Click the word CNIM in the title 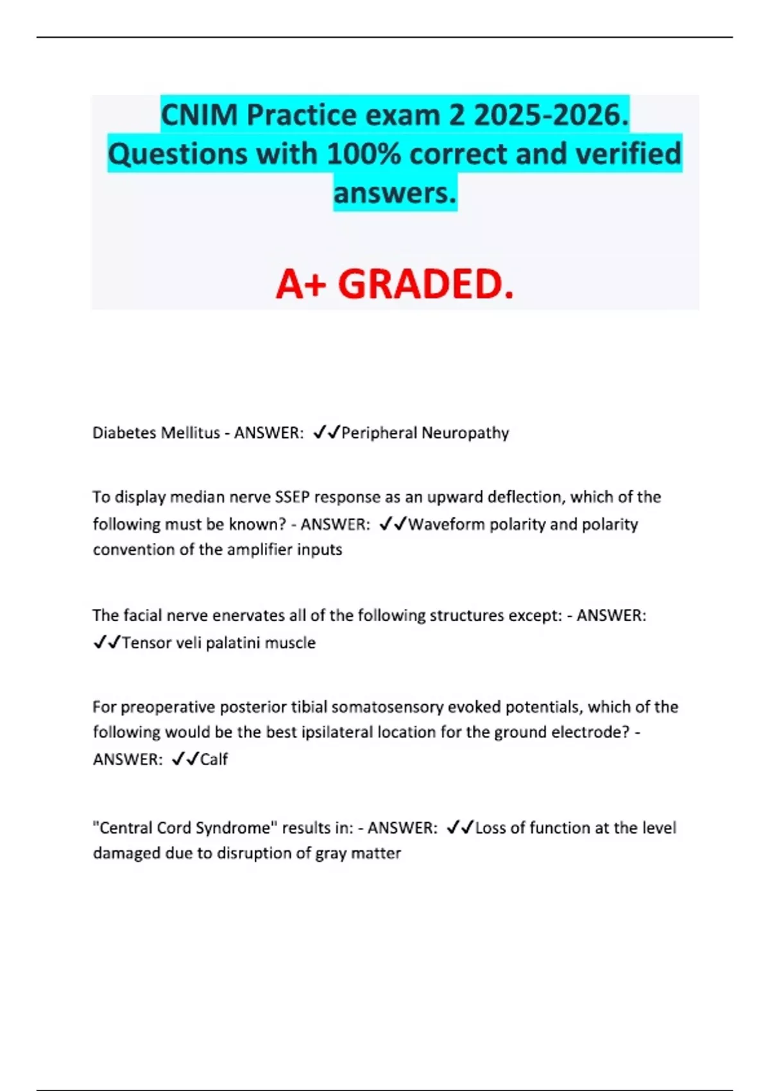coord(200,116)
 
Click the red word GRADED coord(426,284)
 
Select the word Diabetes coord(124,433)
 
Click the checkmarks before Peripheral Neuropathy coord(326,433)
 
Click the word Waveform coord(447,524)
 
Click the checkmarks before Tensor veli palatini coord(107,643)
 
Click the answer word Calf coord(214,760)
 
